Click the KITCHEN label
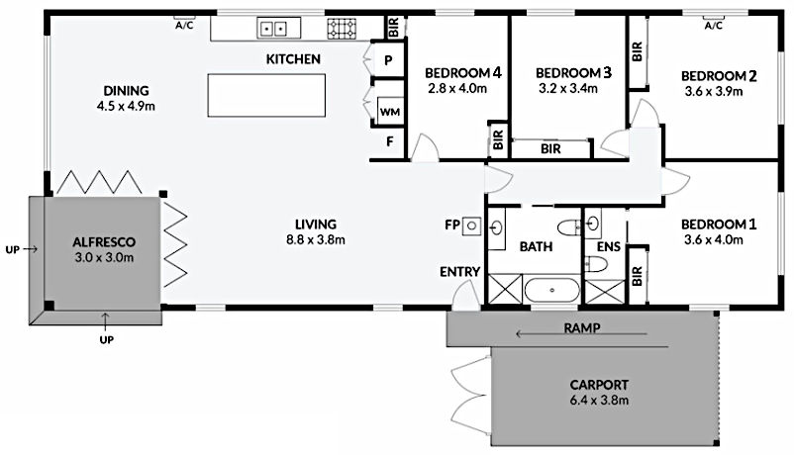coord(293,60)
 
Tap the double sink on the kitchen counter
coord(273,27)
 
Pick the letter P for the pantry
coord(388,60)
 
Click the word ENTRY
coord(459,272)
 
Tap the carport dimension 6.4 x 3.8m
coord(599,401)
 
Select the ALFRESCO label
coord(103,241)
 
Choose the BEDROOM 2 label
coord(720,76)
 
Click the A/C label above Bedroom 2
coord(713,27)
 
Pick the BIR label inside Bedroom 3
coord(552,149)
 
